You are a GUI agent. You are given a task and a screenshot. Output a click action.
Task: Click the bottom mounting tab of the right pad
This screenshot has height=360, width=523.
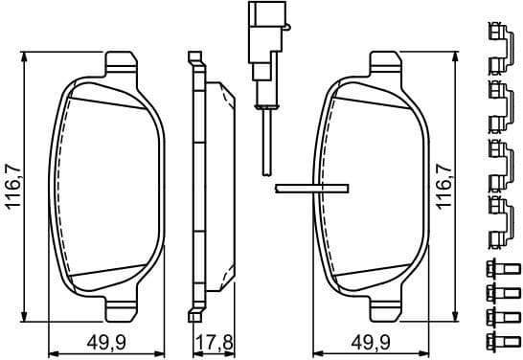pyautogui.click(x=384, y=309)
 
